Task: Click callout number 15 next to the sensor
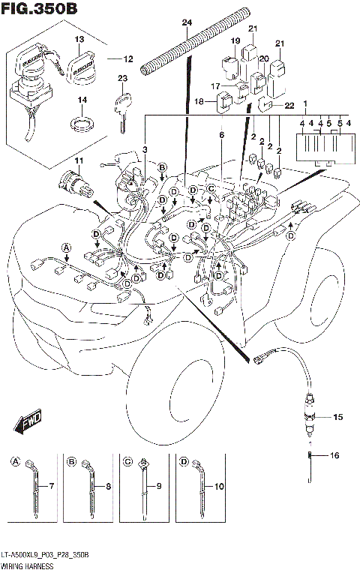point(337,416)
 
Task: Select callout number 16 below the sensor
point(334,455)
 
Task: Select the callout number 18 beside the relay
point(199,100)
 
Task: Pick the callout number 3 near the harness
point(145,149)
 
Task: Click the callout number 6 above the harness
point(221,135)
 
